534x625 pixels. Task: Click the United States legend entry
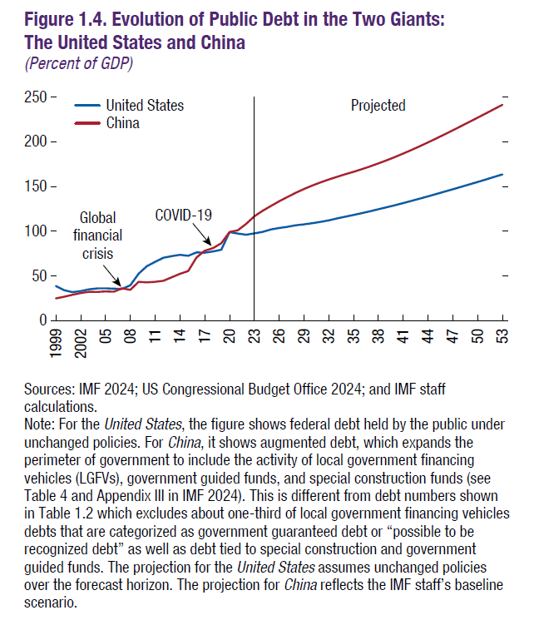point(144,106)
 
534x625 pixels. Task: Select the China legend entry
point(122,123)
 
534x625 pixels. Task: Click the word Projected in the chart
point(378,106)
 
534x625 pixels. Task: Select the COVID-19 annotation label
point(184,215)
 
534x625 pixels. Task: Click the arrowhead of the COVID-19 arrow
point(211,243)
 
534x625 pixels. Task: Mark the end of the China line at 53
point(502,105)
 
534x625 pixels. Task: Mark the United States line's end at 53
point(502,175)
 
